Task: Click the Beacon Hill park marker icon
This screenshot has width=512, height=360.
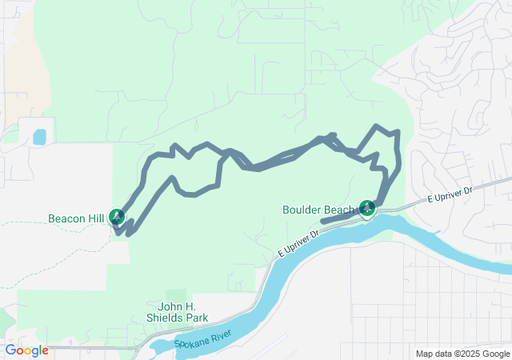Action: (x=117, y=217)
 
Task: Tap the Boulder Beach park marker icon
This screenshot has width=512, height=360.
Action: (x=367, y=209)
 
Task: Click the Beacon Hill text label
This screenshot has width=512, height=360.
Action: (x=77, y=218)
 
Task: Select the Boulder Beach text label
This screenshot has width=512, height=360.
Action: (x=318, y=210)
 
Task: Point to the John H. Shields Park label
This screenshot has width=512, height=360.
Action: (x=177, y=311)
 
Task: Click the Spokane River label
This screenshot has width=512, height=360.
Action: (x=201, y=343)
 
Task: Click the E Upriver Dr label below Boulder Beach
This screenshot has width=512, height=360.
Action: (x=298, y=243)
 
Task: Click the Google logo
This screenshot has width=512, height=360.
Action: (x=26, y=350)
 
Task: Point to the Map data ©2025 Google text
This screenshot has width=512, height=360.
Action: (x=462, y=354)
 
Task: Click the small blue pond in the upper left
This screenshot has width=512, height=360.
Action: (x=39, y=137)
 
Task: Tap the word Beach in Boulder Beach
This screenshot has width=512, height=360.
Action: (x=339, y=210)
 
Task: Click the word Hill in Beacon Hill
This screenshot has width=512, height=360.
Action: (x=97, y=218)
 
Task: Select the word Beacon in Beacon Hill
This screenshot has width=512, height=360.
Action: (x=66, y=218)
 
